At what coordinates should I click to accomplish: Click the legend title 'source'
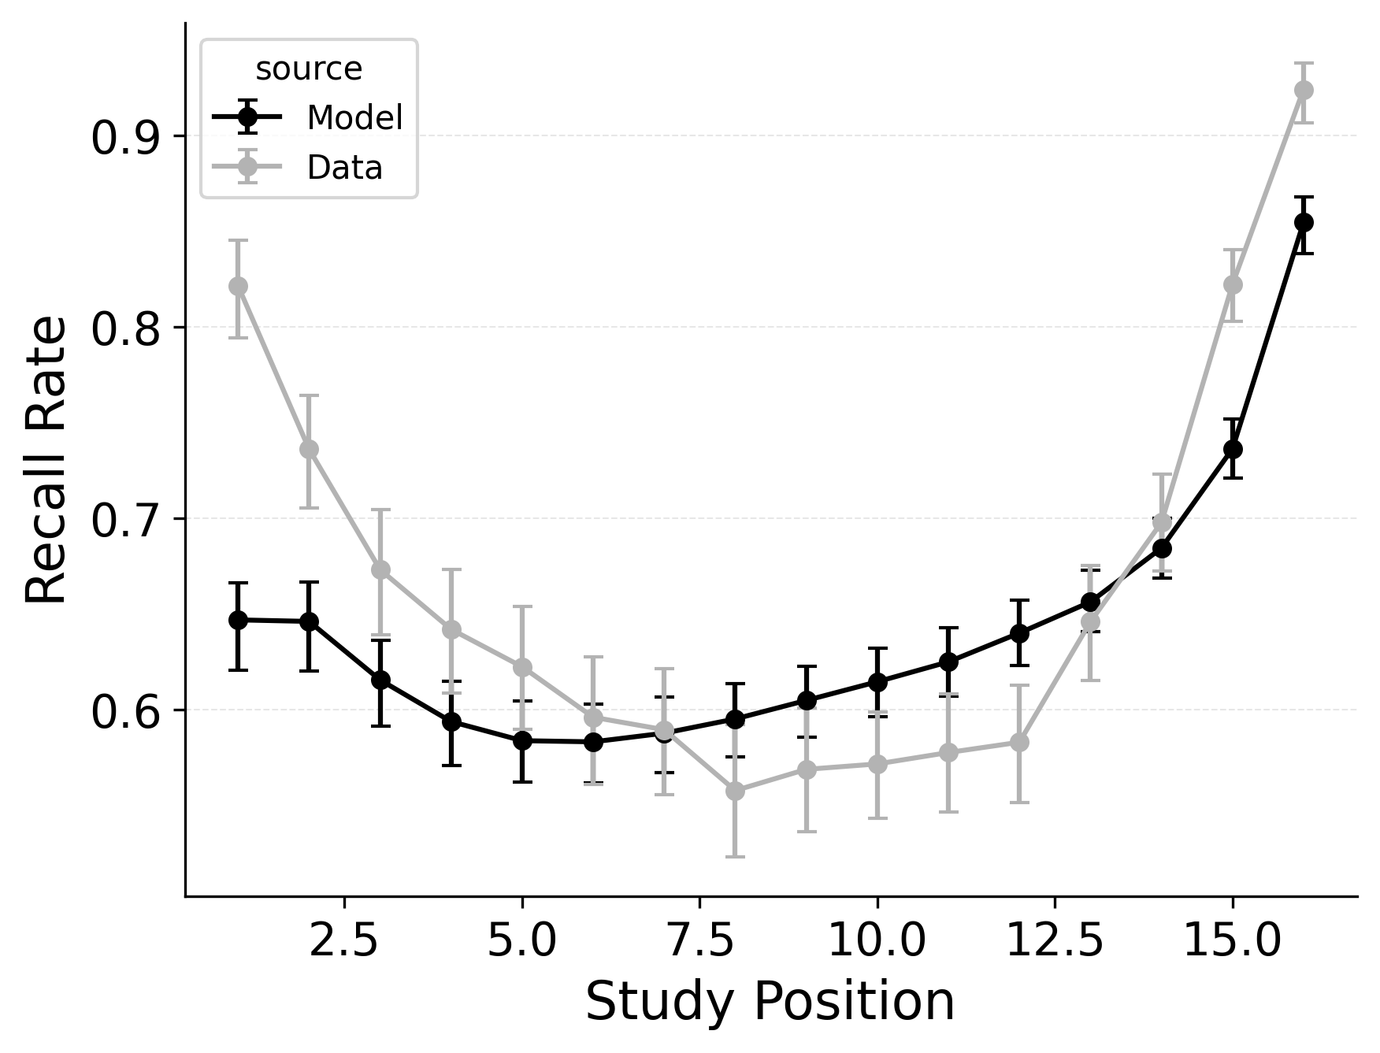click(x=309, y=69)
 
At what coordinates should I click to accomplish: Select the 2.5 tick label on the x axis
click(x=344, y=941)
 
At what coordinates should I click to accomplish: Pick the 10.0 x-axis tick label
click(x=877, y=941)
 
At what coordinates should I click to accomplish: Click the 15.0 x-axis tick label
click(x=1232, y=941)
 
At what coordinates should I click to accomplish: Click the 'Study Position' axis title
click(x=770, y=1003)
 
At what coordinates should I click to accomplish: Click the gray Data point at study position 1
click(x=238, y=286)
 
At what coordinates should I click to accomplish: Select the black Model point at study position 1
click(x=238, y=620)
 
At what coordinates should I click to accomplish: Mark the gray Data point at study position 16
click(x=1304, y=90)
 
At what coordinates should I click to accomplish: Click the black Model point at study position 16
click(x=1304, y=222)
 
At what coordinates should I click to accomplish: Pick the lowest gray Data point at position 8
click(x=735, y=791)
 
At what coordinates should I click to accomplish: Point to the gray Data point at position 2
click(x=309, y=449)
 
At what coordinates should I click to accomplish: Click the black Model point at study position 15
click(x=1233, y=449)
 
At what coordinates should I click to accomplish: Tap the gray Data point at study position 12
click(x=1019, y=742)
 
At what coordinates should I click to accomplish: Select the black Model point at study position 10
click(x=877, y=682)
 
